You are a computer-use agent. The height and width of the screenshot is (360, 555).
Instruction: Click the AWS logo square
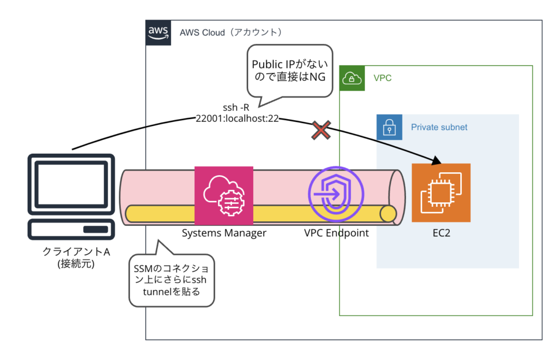(x=158, y=32)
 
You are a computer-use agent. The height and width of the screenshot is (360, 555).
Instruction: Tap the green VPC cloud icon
(x=352, y=78)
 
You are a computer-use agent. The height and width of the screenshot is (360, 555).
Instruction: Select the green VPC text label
(x=383, y=78)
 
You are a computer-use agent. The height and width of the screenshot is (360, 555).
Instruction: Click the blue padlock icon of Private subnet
(x=389, y=127)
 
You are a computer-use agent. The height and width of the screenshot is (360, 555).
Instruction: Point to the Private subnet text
(x=439, y=127)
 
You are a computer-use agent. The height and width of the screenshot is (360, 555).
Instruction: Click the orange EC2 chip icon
(x=441, y=192)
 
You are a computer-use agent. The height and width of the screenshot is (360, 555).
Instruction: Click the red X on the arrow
(x=320, y=131)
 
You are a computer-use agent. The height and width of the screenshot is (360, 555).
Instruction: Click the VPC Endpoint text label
(x=336, y=233)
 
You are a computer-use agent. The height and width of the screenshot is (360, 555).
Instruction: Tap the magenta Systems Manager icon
(x=224, y=195)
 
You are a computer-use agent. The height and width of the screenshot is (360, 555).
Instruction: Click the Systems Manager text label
(x=224, y=233)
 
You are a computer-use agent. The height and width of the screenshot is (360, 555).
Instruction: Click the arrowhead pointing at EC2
(x=438, y=161)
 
